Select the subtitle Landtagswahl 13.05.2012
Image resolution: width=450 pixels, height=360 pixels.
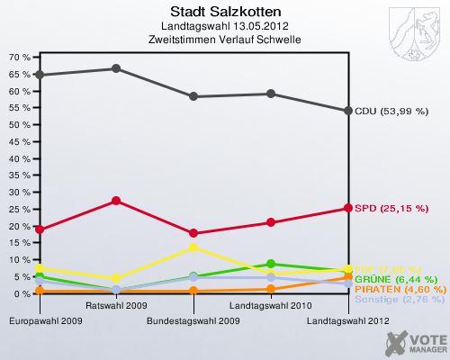click(x=224, y=27)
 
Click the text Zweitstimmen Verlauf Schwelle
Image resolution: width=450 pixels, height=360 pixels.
click(x=224, y=40)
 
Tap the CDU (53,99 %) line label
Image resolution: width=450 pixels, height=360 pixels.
click(x=391, y=111)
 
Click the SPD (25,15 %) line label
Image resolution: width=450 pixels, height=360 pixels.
click(x=391, y=209)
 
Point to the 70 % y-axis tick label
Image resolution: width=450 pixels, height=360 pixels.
click(x=19, y=57)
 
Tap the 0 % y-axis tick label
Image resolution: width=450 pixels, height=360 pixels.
click(x=22, y=293)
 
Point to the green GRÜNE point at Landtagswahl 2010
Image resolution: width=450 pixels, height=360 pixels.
click(x=271, y=264)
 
